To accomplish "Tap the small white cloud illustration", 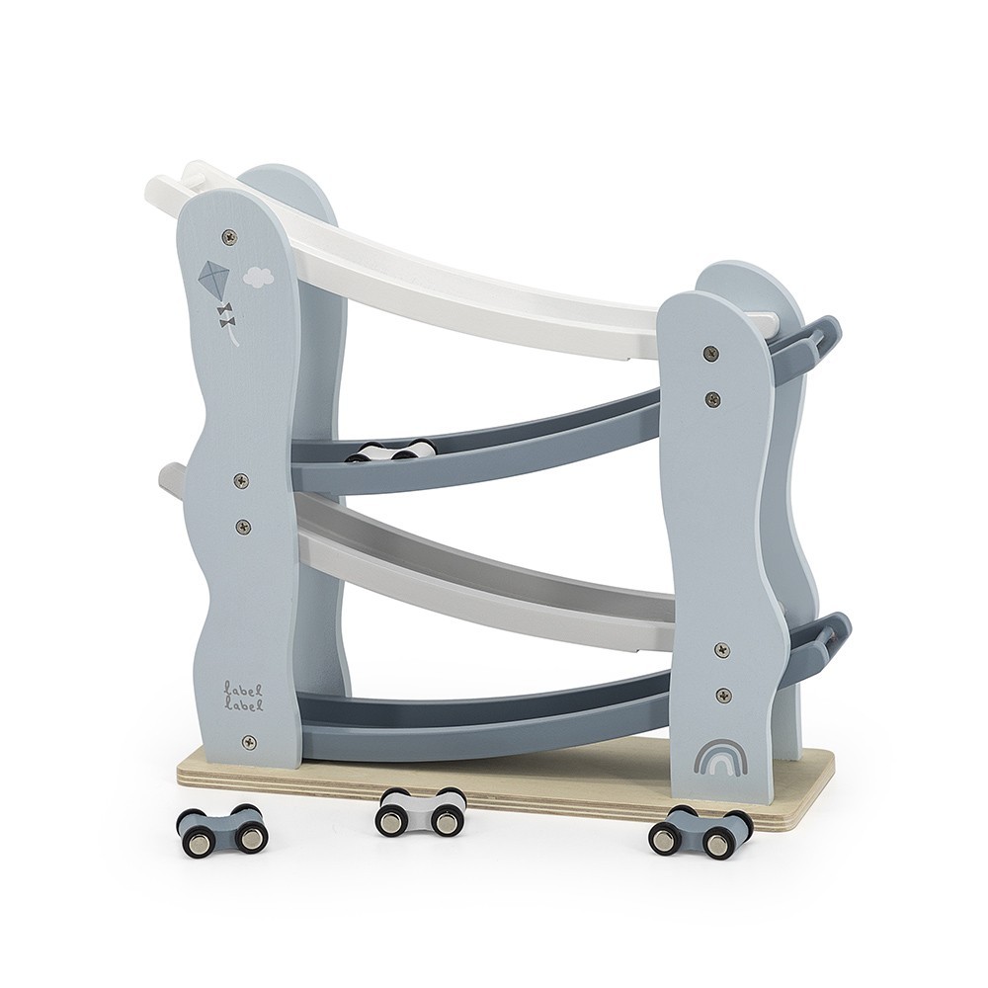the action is (258, 276).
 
